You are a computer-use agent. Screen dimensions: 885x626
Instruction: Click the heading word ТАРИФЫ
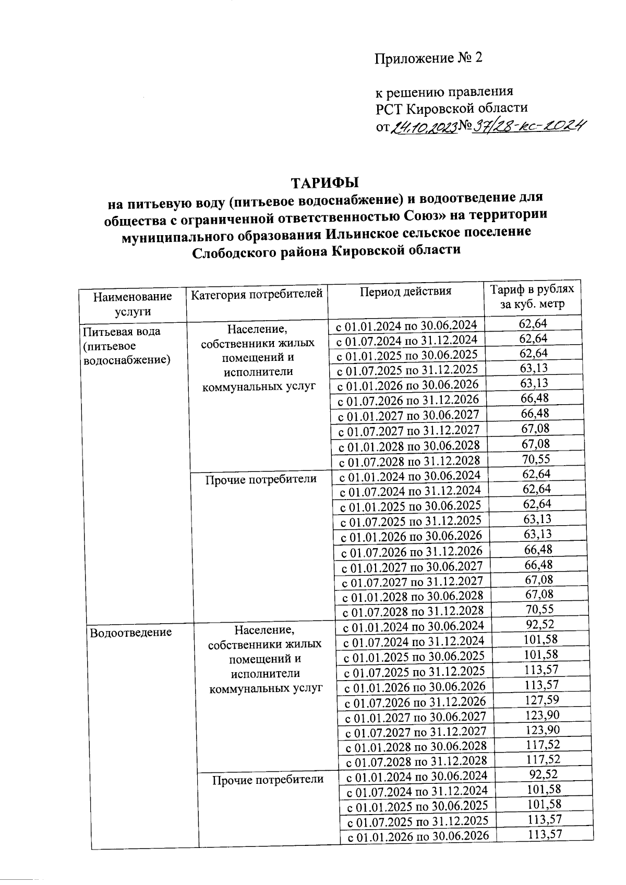point(324,183)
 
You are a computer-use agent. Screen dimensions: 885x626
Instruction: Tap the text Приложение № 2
point(428,58)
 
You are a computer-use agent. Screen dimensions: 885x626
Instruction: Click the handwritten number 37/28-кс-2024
point(527,126)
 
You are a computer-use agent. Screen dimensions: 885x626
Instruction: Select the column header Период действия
point(405,292)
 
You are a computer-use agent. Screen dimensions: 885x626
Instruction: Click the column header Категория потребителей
point(257,295)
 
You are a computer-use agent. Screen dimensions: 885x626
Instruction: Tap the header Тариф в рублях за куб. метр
point(532,297)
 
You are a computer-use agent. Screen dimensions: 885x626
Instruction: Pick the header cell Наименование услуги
point(133,304)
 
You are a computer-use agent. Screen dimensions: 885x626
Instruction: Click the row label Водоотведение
point(130,633)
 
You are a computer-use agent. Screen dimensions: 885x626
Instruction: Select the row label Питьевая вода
point(122,331)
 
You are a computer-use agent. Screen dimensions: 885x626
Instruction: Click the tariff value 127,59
point(542,699)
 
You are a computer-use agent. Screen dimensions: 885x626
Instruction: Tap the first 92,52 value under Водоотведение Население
point(540,624)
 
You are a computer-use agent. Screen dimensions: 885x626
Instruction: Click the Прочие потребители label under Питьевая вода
point(260,479)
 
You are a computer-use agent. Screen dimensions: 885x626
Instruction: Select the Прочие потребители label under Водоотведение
point(267,780)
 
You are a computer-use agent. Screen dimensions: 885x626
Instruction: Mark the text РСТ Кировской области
point(452,108)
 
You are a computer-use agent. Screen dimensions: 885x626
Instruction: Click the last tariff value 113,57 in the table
point(545,834)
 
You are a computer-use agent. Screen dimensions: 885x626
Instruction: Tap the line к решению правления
point(444,92)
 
